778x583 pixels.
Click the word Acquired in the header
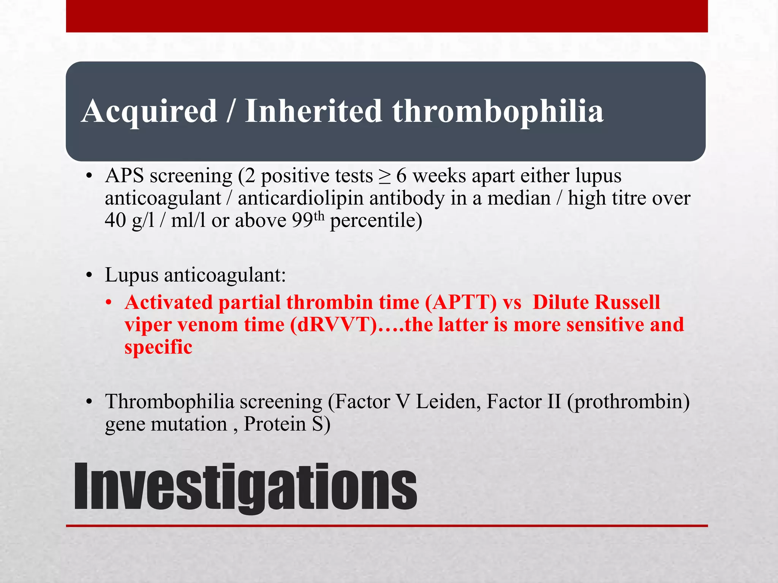[x=149, y=111]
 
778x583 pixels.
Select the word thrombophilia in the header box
[x=498, y=111]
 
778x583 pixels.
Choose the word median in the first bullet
[x=519, y=198]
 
